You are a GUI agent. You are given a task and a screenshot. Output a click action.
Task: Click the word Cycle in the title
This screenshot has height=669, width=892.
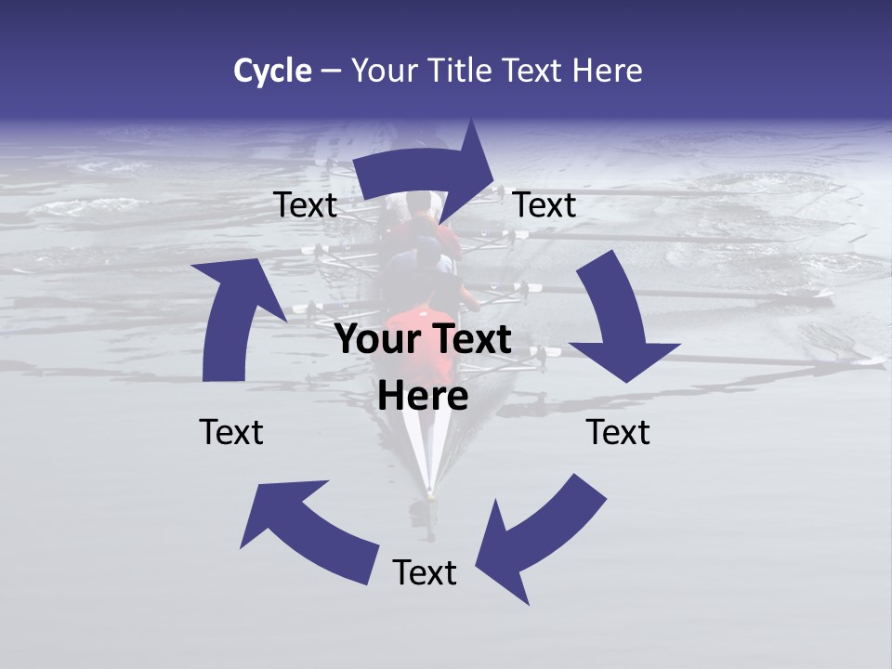[272, 71]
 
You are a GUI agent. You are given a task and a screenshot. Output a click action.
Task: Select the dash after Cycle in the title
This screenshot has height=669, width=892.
[330, 71]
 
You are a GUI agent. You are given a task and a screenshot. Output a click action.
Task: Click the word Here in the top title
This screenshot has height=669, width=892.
[609, 71]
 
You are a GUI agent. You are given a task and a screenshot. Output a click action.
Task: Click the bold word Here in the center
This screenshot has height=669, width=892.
[423, 397]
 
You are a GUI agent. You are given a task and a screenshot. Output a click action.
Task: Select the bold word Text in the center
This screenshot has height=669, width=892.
[467, 340]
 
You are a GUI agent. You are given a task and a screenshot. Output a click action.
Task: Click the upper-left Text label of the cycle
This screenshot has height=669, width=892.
[305, 205]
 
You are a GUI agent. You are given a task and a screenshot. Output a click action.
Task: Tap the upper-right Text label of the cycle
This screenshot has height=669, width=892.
[544, 205]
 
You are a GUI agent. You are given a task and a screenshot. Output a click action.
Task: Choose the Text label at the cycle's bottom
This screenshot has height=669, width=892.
[425, 573]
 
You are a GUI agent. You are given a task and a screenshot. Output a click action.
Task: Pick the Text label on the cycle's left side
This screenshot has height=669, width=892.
[231, 432]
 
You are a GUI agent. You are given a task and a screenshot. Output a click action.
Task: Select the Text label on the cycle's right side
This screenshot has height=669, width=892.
[618, 432]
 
